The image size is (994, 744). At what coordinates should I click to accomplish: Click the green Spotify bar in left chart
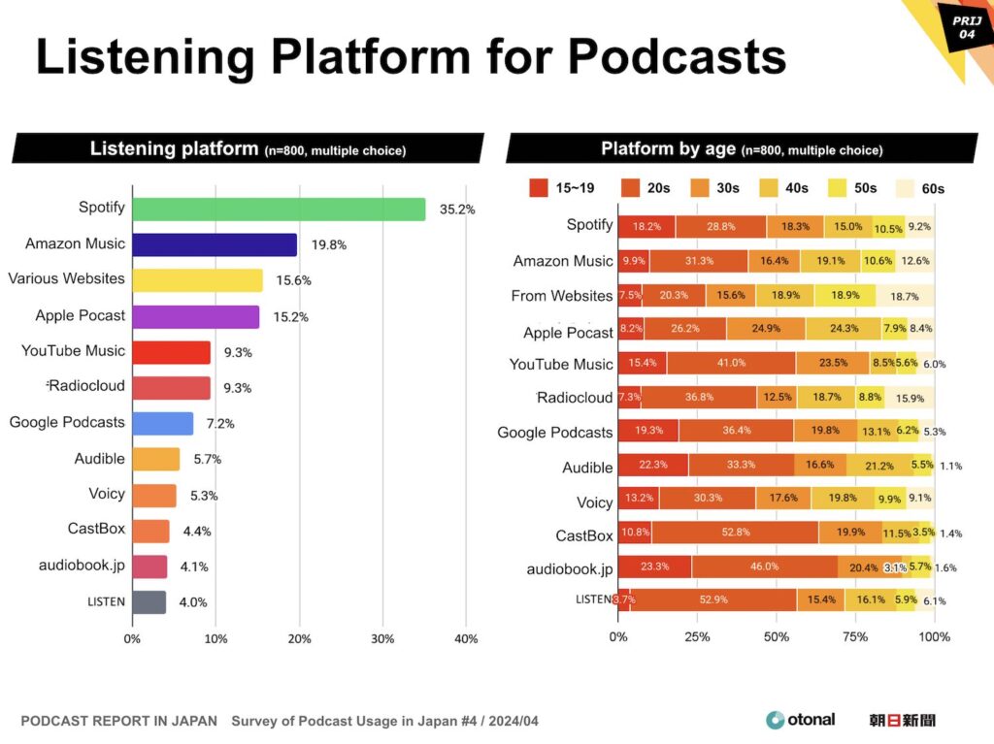tap(279, 209)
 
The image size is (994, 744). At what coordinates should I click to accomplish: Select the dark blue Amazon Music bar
tap(215, 244)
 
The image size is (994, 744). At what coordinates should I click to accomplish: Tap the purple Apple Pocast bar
tap(195, 316)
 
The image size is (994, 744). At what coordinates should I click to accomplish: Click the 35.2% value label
tap(456, 209)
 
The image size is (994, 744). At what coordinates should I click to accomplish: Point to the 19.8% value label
tap(328, 245)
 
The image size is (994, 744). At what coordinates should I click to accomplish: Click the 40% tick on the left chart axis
tap(466, 639)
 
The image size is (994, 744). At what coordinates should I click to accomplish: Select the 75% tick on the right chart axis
tap(855, 637)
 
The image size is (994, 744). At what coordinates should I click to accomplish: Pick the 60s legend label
tap(933, 188)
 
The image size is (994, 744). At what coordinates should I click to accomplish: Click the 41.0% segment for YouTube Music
tap(731, 363)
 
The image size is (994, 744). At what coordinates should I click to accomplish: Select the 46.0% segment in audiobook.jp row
tap(764, 566)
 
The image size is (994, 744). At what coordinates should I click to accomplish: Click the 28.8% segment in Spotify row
tap(720, 226)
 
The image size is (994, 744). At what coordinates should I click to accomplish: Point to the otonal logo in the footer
tap(800, 720)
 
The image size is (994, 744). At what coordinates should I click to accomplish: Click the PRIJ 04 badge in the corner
tap(963, 26)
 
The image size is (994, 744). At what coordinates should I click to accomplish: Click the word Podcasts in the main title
tap(677, 57)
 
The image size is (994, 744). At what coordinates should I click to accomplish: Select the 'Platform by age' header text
tap(668, 149)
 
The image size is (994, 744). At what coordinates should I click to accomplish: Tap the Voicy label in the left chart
tap(107, 494)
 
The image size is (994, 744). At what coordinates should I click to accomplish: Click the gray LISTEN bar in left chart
tap(149, 601)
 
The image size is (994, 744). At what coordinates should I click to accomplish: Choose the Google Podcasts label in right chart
tap(554, 432)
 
